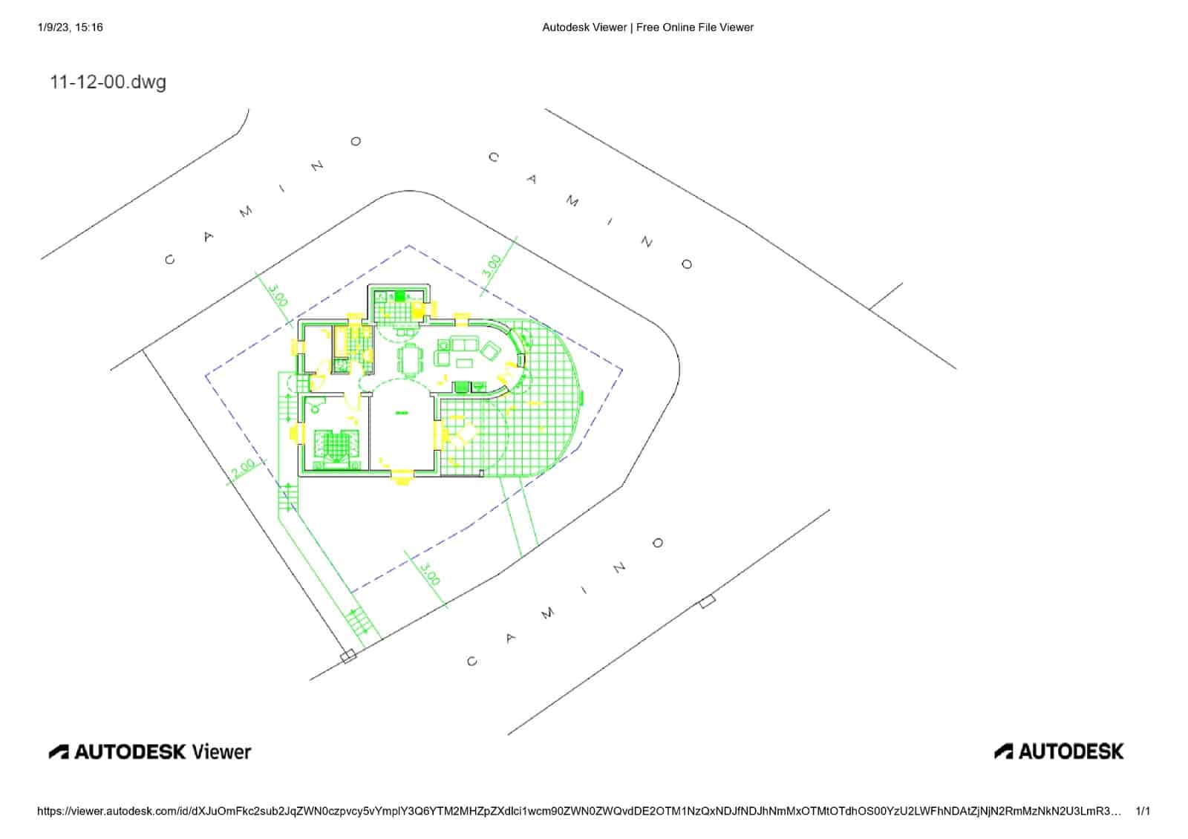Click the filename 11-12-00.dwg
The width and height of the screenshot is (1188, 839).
coord(108,82)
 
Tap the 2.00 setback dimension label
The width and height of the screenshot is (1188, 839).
coord(243,468)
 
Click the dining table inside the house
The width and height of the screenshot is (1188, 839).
coord(410,359)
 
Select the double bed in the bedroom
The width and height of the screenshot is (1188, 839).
coord(335,447)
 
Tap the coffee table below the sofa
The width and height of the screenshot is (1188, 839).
coord(464,362)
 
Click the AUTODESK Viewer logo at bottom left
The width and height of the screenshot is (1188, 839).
coord(150,751)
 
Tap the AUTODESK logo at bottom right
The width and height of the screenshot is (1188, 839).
coord(1059,751)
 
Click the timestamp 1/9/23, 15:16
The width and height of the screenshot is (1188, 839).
coord(70,27)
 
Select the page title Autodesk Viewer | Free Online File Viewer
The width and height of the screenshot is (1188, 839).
coord(647,27)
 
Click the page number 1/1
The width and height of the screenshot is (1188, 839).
coord(1143,812)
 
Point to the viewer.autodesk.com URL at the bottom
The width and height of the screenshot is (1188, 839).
coord(579,812)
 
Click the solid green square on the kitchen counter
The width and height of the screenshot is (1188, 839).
coord(399,296)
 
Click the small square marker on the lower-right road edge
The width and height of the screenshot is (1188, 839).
coord(708,601)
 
